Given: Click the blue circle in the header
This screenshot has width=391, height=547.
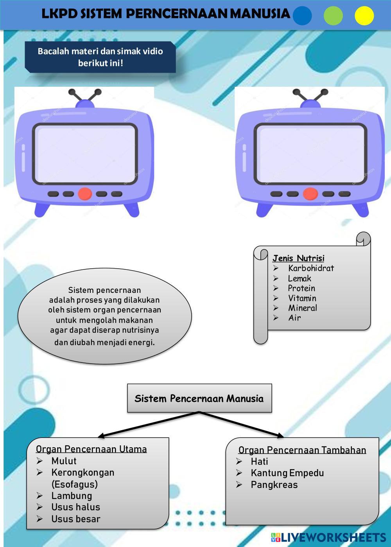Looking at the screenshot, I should (302, 16).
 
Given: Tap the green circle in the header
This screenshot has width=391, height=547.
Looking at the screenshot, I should (333, 16).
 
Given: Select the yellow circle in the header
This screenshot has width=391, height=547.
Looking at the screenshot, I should (364, 16).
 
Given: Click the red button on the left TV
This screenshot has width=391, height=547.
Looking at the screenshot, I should (85, 194).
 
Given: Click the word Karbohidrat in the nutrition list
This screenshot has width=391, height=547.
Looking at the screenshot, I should (311, 268).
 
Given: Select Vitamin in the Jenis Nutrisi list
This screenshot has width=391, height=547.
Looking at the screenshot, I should (302, 298).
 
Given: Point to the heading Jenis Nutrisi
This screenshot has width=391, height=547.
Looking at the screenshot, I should (298, 258).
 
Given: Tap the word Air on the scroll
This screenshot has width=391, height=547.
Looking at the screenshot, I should (294, 317).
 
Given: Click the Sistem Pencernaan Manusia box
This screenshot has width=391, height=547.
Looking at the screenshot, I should (199, 398).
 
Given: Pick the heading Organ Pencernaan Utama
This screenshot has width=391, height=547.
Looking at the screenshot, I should (91, 449).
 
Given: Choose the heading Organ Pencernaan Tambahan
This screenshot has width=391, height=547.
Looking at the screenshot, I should (302, 450).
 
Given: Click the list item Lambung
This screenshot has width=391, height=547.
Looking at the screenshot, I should (72, 496).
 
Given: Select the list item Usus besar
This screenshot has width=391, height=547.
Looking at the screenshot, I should (76, 519).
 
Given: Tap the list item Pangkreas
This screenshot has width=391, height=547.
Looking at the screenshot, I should (274, 485).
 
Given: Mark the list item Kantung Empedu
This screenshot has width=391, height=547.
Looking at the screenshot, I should (287, 473).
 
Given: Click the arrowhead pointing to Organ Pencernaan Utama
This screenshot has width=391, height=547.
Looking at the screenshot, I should (101, 436).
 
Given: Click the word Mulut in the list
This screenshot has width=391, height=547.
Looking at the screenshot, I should (64, 461).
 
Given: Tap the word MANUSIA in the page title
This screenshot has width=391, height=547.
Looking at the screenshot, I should (260, 14).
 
